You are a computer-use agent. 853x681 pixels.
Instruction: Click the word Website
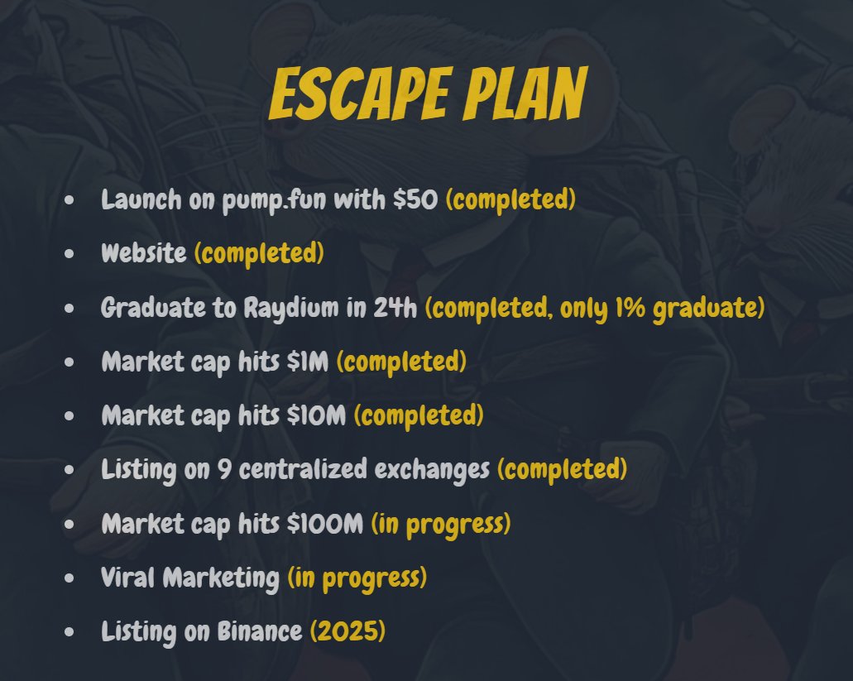click(144, 253)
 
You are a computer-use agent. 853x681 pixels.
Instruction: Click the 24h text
click(395, 308)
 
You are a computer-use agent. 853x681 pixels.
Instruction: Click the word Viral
click(128, 578)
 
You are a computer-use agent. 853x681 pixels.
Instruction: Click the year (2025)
click(347, 631)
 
